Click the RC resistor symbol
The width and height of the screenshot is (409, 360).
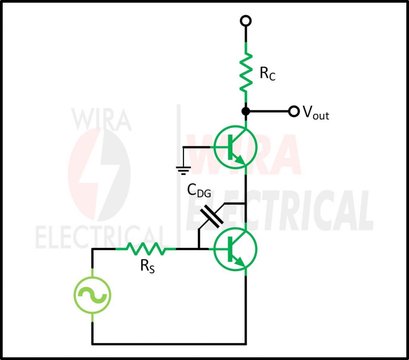coord(246,74)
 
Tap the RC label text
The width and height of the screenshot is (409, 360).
coord(268,74)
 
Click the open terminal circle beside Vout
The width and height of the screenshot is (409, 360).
coord(294,111)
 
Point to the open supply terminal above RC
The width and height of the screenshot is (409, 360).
coord(246,20)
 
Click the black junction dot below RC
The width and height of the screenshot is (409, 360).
coord(246,111)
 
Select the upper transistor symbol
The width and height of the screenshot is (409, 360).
coord(235,147)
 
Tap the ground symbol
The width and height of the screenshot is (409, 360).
coord(183,170)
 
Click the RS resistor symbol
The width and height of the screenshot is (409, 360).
coord(146,249)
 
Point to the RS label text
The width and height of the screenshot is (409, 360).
coord(147,267)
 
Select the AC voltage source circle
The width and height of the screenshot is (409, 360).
coord(92,296)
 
